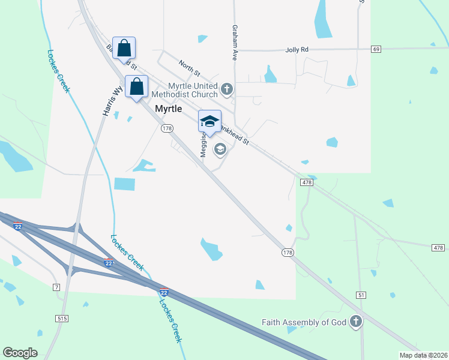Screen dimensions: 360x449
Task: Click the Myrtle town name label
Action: [x=168, y=109]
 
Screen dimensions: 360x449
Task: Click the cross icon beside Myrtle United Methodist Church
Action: [x=227, y=90]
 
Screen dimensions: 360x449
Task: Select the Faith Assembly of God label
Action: [x=304, y=322]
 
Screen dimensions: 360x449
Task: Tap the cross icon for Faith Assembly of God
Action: [x=356, y=322]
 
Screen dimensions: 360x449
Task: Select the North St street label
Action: [x=189, y=67]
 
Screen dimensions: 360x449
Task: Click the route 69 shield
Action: [x=376, y=49]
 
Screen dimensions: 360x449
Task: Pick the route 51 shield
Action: [x=361, y=278]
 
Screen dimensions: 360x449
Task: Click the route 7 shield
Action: [x=56, y=287]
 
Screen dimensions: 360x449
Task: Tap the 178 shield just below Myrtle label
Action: [x=167, y=128]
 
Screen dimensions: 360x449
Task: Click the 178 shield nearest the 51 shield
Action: [x=288, y=253]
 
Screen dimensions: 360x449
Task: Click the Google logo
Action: [x=20, y=353]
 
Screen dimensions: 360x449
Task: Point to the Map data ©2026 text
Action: [x=423, y=355]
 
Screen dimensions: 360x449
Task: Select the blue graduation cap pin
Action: [x=209, y=121]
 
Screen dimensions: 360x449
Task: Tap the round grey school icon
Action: [x=220, y=149]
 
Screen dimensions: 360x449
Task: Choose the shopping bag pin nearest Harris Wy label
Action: [x=136, y=87]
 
